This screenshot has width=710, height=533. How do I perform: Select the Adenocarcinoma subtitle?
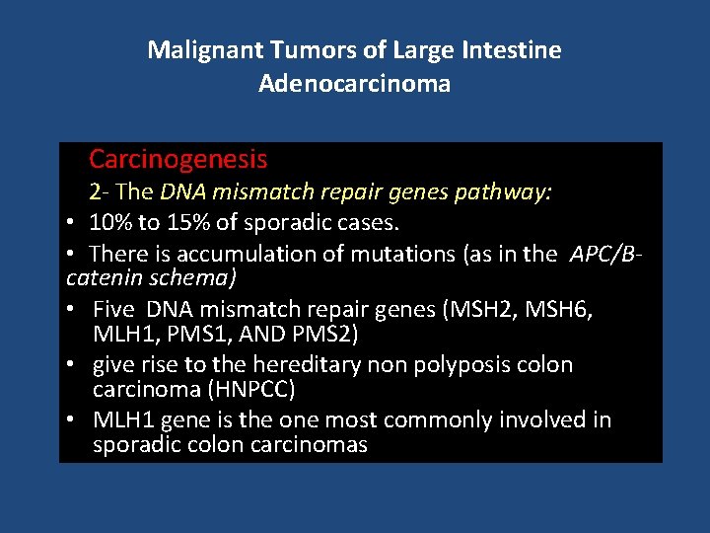[355, 83]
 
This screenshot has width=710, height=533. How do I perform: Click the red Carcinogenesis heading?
[177, 158]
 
